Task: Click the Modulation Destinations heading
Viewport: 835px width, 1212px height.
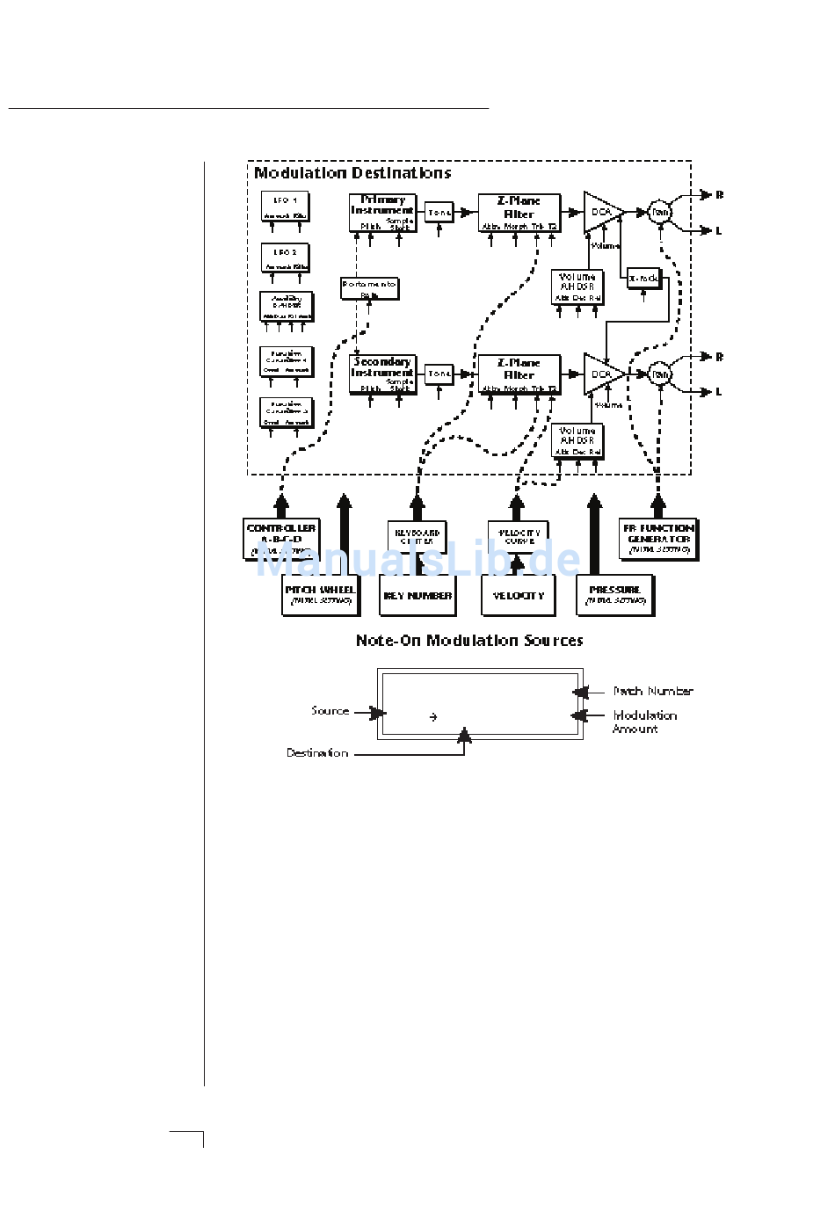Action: click(352, 173)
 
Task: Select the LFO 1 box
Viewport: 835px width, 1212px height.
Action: click(285, 207)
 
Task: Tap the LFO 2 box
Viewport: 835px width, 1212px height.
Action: click(285, 258)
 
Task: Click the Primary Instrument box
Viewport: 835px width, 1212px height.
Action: click(382, 213)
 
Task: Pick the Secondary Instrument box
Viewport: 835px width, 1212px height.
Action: click(382, 374)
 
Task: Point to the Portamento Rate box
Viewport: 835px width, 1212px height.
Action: click(369, 288)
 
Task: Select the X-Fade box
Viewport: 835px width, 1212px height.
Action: click(643, 279)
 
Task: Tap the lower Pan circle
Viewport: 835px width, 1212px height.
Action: click(660, 374)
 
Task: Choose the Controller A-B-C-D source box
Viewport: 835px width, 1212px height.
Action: click(281, 539)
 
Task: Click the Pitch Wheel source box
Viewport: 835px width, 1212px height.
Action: click(320, 595)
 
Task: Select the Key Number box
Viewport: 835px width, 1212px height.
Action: click(417, 595)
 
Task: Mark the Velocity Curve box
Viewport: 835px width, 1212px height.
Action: click(519, 537)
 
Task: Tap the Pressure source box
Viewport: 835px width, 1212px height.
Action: click(615, 595)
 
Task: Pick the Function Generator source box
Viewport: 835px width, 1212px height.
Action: click(658, 539)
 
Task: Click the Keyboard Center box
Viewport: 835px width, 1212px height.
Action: click(417, 537)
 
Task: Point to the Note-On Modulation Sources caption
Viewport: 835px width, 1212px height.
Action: click(468, 641)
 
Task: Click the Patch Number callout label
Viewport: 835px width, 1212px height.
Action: click(653, 692)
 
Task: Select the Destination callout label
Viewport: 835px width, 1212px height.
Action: click(317, 753)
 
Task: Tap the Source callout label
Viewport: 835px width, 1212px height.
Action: click(330, 711)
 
